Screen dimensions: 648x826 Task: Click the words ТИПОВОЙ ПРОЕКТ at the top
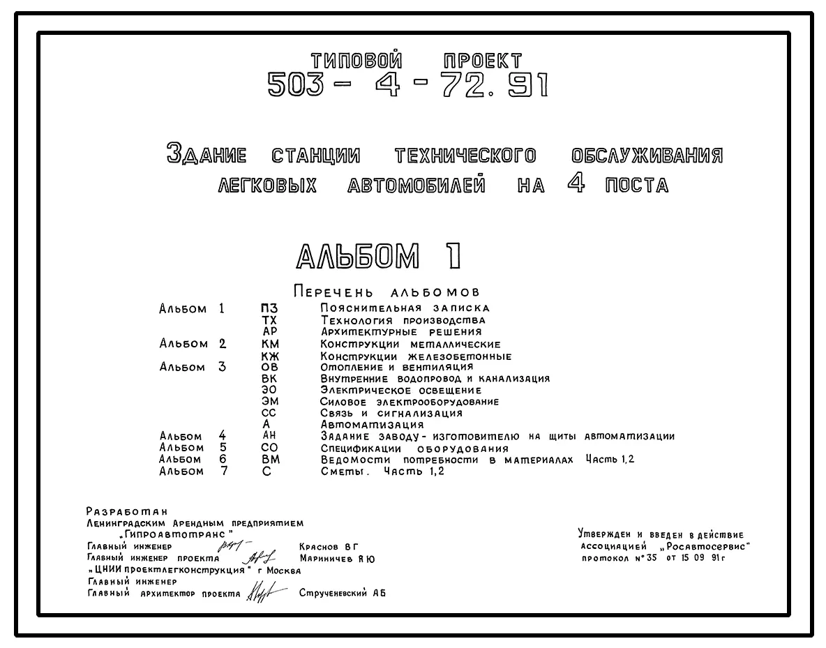[x=415, y=61]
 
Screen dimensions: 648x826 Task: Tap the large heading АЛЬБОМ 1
[x=379, y=257]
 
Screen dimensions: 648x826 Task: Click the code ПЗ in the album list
[x=269, y=308]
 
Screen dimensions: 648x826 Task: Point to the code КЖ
[x=270, y=356]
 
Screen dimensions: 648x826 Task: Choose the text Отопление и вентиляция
[x=396, y=367]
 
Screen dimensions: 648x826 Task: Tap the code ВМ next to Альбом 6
[x=270, y=459]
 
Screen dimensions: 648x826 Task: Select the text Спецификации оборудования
[x=414, y=449]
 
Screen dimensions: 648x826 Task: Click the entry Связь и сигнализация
[x=391, y=413]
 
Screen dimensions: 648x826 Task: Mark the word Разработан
[x=127, y=511]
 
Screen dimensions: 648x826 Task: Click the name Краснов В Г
[x=328, y=546]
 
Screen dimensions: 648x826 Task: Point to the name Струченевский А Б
[x=342, y=594]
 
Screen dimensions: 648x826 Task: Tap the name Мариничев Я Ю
[x=337, y=558]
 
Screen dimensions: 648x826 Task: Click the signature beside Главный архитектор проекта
[x=262, y=594]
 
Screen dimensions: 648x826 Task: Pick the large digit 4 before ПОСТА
[x=576, y=185]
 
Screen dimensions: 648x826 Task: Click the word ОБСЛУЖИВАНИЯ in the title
[x=647, y=154]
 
